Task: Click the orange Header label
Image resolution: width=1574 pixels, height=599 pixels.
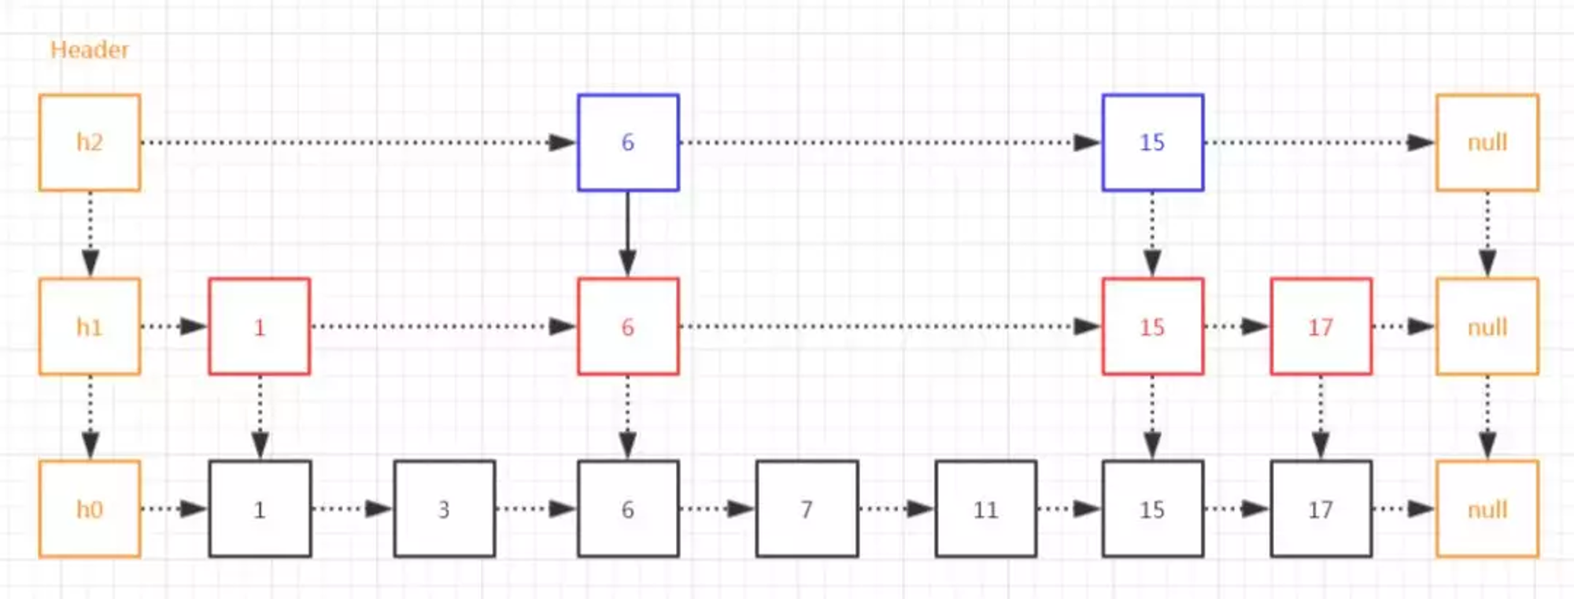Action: [x=89, y=50]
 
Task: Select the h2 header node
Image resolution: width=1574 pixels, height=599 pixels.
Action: [x=90, y=142]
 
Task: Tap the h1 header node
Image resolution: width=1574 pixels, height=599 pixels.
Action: [x=90, y=327]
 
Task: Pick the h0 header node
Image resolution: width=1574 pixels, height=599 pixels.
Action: [x=90, y=509]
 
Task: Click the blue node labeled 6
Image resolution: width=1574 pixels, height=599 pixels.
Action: [x=628, y=142]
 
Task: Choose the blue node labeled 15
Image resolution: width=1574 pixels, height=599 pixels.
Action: [x=1153, y=142]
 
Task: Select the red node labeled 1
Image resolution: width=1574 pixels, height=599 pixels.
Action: [x=260, y=327]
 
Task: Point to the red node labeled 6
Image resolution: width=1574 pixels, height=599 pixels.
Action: [x=628, y=327]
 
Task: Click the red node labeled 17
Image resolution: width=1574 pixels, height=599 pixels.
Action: [x=1321, y=327]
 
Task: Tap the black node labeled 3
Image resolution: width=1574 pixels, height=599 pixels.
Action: [x=445, y=509]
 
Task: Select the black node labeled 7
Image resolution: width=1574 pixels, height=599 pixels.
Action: [x=807, y=509]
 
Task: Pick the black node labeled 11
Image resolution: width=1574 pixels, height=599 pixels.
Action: [x=986, y=509]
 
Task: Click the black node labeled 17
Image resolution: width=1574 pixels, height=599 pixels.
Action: [x=1321, y=509]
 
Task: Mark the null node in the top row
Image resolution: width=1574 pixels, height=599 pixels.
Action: [x=1487, y=142]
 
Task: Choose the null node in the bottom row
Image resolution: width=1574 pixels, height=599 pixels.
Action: [x=1487, y=509]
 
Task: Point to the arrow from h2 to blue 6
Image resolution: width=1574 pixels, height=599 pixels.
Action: [x=359, y=142]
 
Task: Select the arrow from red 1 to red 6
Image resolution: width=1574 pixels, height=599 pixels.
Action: [x=444, y=327]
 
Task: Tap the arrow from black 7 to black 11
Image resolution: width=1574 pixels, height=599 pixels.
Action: [x=896, y=509]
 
